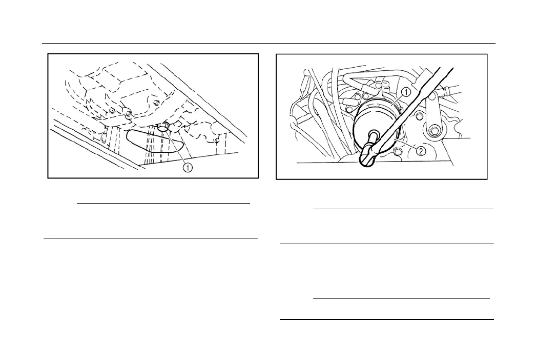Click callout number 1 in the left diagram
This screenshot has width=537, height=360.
[188, 168]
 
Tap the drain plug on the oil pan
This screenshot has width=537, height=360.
[164, 126]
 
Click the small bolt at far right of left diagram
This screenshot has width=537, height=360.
[217, 139]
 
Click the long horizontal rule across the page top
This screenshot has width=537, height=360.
[268, 43]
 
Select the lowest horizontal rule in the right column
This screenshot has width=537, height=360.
[387, 319]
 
